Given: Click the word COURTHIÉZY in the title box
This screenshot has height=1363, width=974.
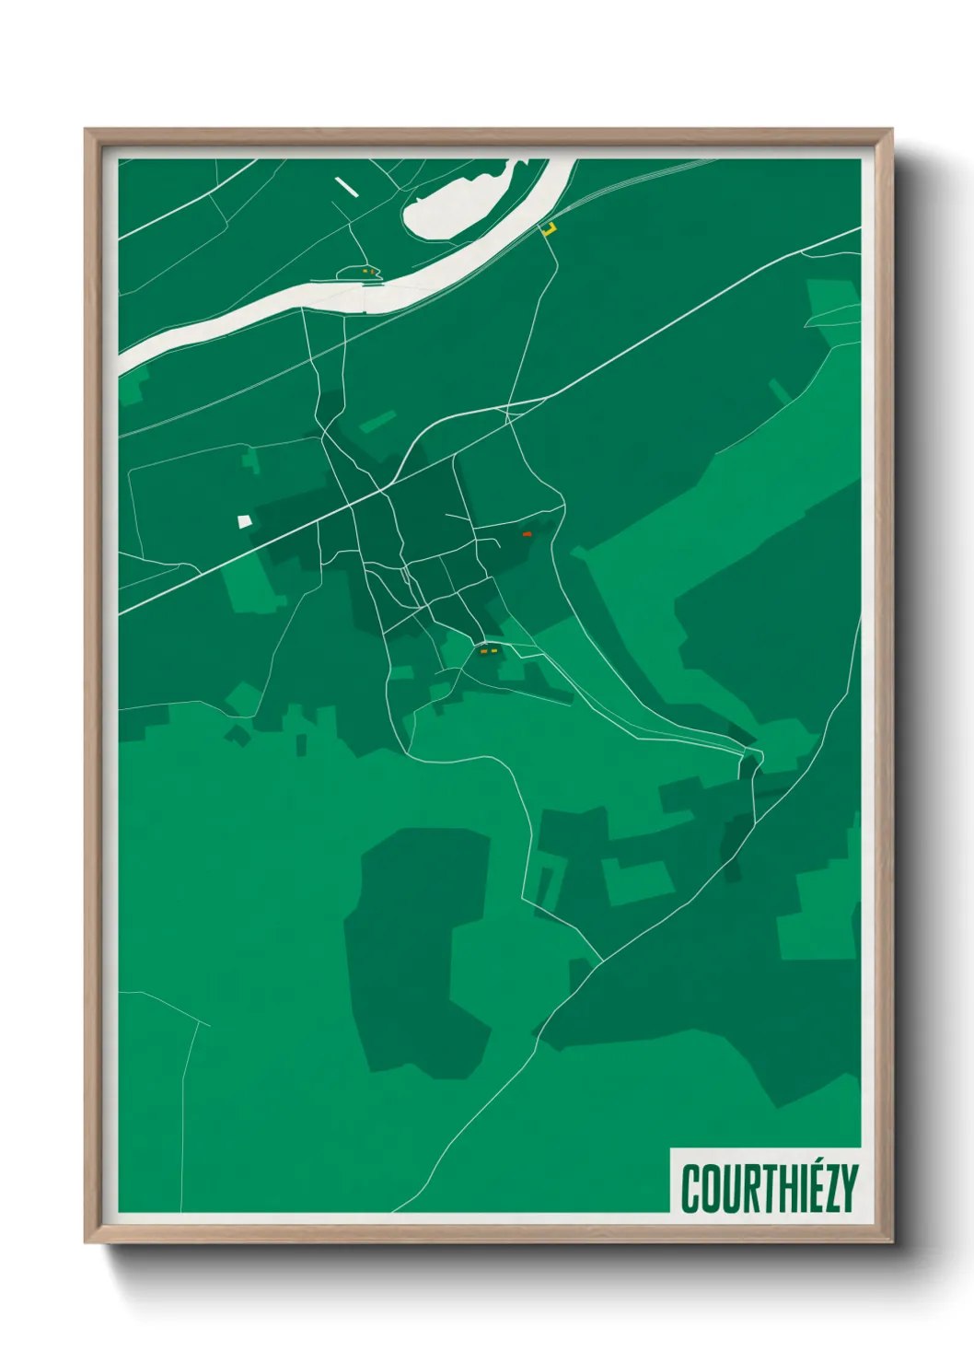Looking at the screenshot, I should [769, 1188].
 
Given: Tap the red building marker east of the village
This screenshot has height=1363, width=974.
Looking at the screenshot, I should [527, 534].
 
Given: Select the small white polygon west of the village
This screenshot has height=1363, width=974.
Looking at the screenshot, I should [244, 521].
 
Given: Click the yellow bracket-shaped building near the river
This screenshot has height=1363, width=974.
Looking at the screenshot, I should [550, 228].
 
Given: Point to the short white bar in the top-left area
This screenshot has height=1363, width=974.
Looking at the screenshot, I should [346, 186].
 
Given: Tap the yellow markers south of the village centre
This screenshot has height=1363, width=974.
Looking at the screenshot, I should [488, 651].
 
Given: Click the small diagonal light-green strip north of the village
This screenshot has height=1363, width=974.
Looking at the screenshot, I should [377, 422].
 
